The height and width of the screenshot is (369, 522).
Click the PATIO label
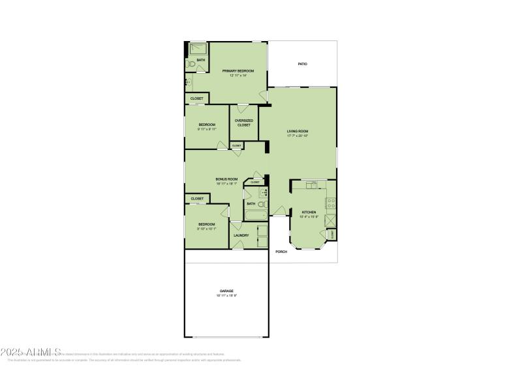(302, 64)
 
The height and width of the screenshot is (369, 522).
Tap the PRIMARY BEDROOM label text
(238, 70)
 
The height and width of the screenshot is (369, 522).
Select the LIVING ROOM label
(298, 131)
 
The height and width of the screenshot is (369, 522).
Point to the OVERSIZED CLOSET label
(243, 123)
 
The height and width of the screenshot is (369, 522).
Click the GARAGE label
(226, 291)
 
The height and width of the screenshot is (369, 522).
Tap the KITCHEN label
(309, 212)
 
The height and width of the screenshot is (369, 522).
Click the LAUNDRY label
(241, 235)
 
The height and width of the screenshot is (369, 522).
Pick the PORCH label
(281, 252)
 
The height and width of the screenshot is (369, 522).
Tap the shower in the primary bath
(197, 49)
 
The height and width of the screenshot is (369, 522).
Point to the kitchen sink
(312, 185)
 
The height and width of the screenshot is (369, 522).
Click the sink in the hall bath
(264, 193)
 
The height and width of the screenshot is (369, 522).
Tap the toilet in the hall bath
(261, 205)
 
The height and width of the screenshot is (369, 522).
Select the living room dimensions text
(298, 136)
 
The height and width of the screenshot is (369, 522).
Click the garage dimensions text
(226, 296)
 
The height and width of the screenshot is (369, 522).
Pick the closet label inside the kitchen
(332, 233)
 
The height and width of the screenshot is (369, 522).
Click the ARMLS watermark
(31, 352)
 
